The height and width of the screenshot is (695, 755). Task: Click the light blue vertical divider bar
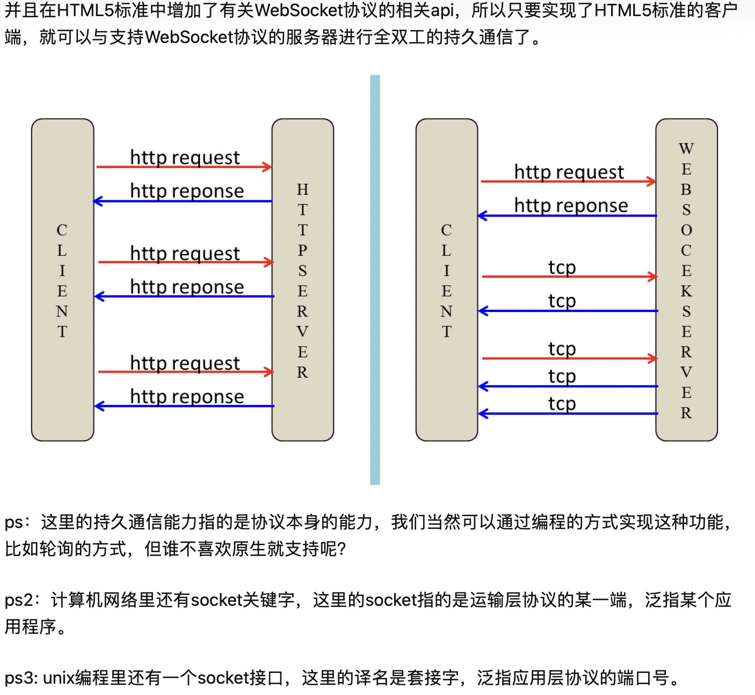pyautogui.click(x=375, y=279)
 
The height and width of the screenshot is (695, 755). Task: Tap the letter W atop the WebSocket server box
pyautogui.click(x=686, y=149)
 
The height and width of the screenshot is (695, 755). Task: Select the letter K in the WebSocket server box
pyautogui.click(x=686, y=291)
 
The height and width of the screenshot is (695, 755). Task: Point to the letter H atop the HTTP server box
pyautogui.click(x=302, y=190)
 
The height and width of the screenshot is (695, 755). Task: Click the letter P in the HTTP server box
pyautogui.click(x=302, y=250)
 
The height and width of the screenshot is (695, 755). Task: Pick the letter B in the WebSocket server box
pyautogui.click(x=686, y=190)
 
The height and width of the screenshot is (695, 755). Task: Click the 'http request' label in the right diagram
pyautogui.click(x=569, y=172)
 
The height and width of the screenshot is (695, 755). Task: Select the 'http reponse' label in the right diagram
pyautogui.click(x=571, y=205)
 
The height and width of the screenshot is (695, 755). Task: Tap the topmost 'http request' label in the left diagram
pyautogui.click(x=185, y=157)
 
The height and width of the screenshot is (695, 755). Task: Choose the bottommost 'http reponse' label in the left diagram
pyautogui.click(x=187, y=396)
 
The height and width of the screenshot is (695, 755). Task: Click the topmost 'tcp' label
pyautogui.click(x=562, y=267)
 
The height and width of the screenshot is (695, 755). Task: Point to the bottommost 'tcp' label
pyautogui.click(x=562, y=403)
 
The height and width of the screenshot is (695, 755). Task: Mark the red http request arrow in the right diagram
pyautogui.click(x=568, y=182)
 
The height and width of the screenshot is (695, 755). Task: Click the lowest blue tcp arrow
pyautogui.click(x=568, y=414)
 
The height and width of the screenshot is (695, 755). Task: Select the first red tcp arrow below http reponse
pyautogui.click(x=569, y=277)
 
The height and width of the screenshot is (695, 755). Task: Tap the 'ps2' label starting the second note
pyautogui.click(x=18, y=600)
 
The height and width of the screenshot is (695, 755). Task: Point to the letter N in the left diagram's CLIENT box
pyautogui.click(x=62, y=312)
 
